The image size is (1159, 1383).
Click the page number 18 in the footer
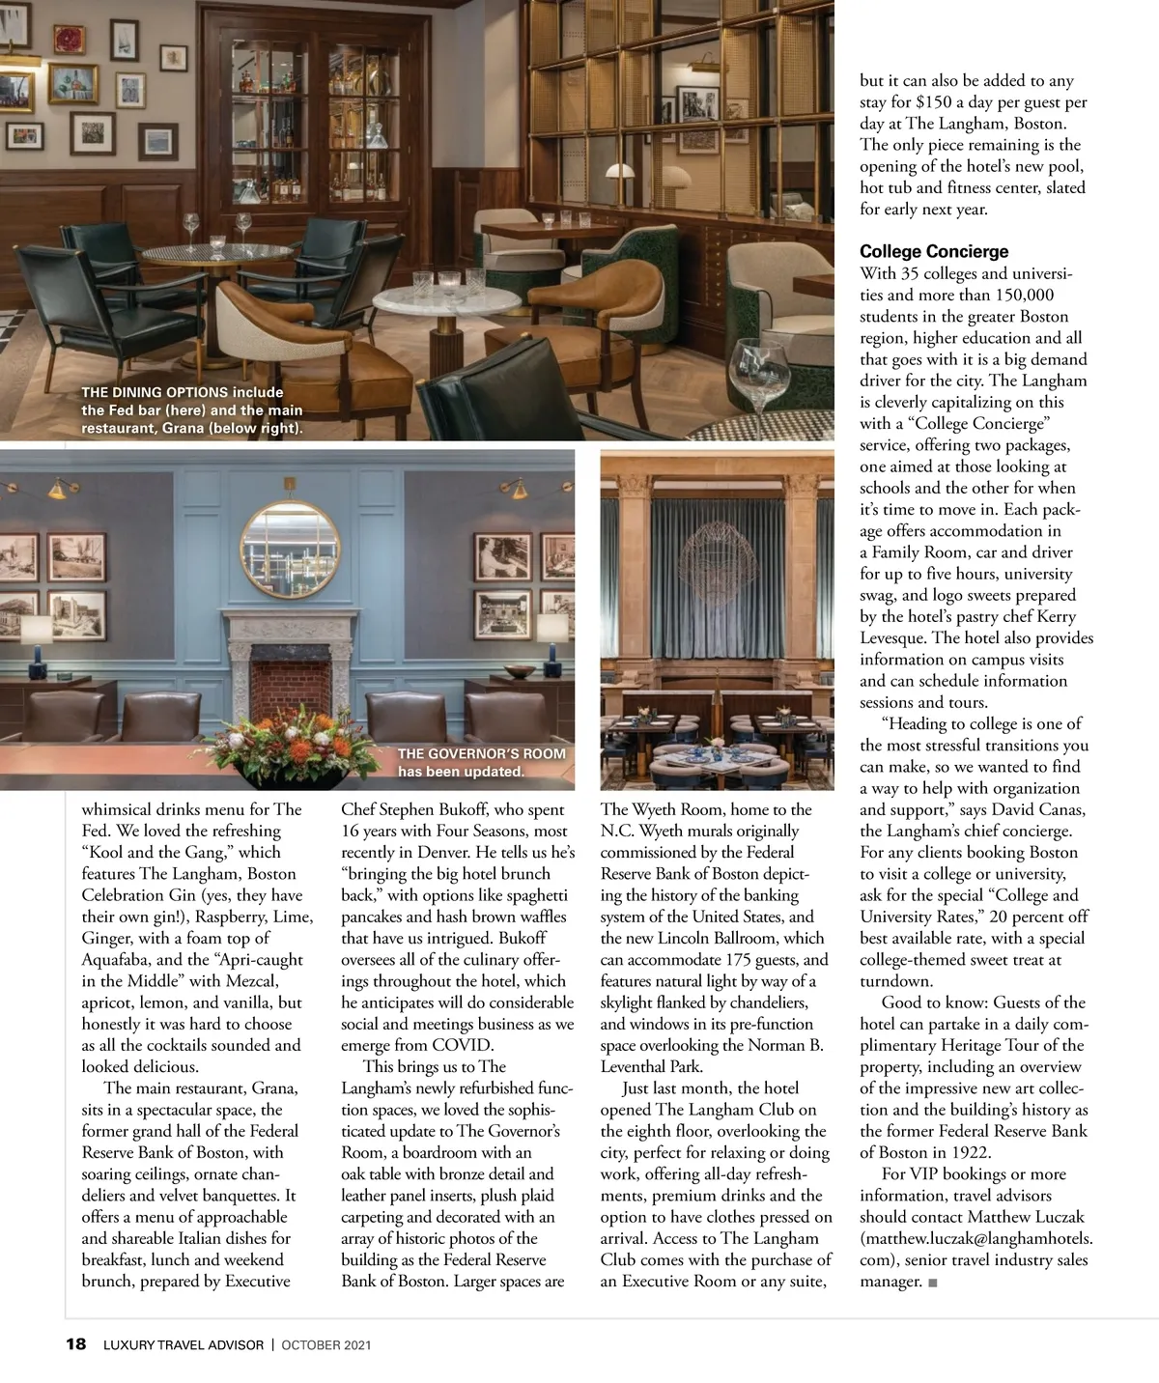pos(75,1344)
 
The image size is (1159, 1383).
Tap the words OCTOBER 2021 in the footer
pos(326,1344)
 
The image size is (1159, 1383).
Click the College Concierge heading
pos(934,251)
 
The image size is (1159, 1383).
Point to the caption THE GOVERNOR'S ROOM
pos(481,754)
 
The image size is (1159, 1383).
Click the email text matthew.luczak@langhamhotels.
pos(975,1238)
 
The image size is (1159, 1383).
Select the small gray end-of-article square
pos(932,1283)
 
